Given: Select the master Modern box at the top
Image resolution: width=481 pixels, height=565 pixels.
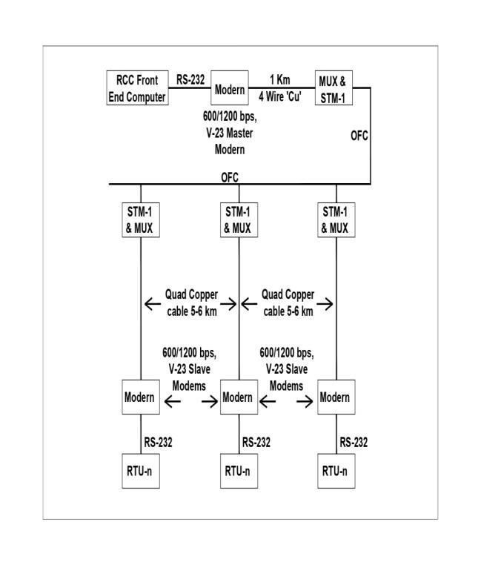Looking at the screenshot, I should click(x=230, y=88).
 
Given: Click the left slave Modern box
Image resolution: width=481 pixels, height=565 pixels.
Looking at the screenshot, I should click(x=139, y=397).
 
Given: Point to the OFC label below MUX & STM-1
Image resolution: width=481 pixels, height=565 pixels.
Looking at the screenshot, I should click(x=359, y=136).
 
